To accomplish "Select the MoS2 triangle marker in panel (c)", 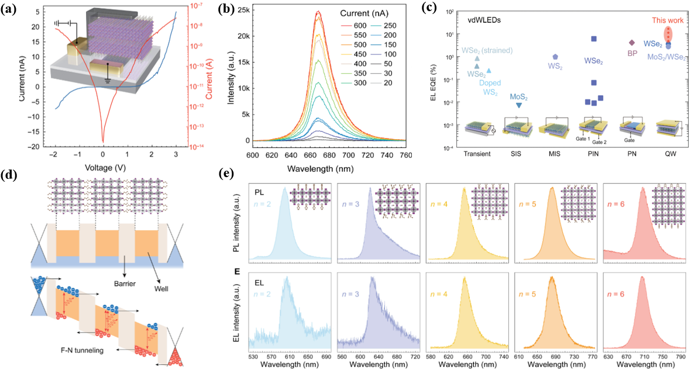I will pyautogui.click(x=518, y=105).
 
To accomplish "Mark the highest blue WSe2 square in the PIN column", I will pyautogui.click(x=594, y=39).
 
